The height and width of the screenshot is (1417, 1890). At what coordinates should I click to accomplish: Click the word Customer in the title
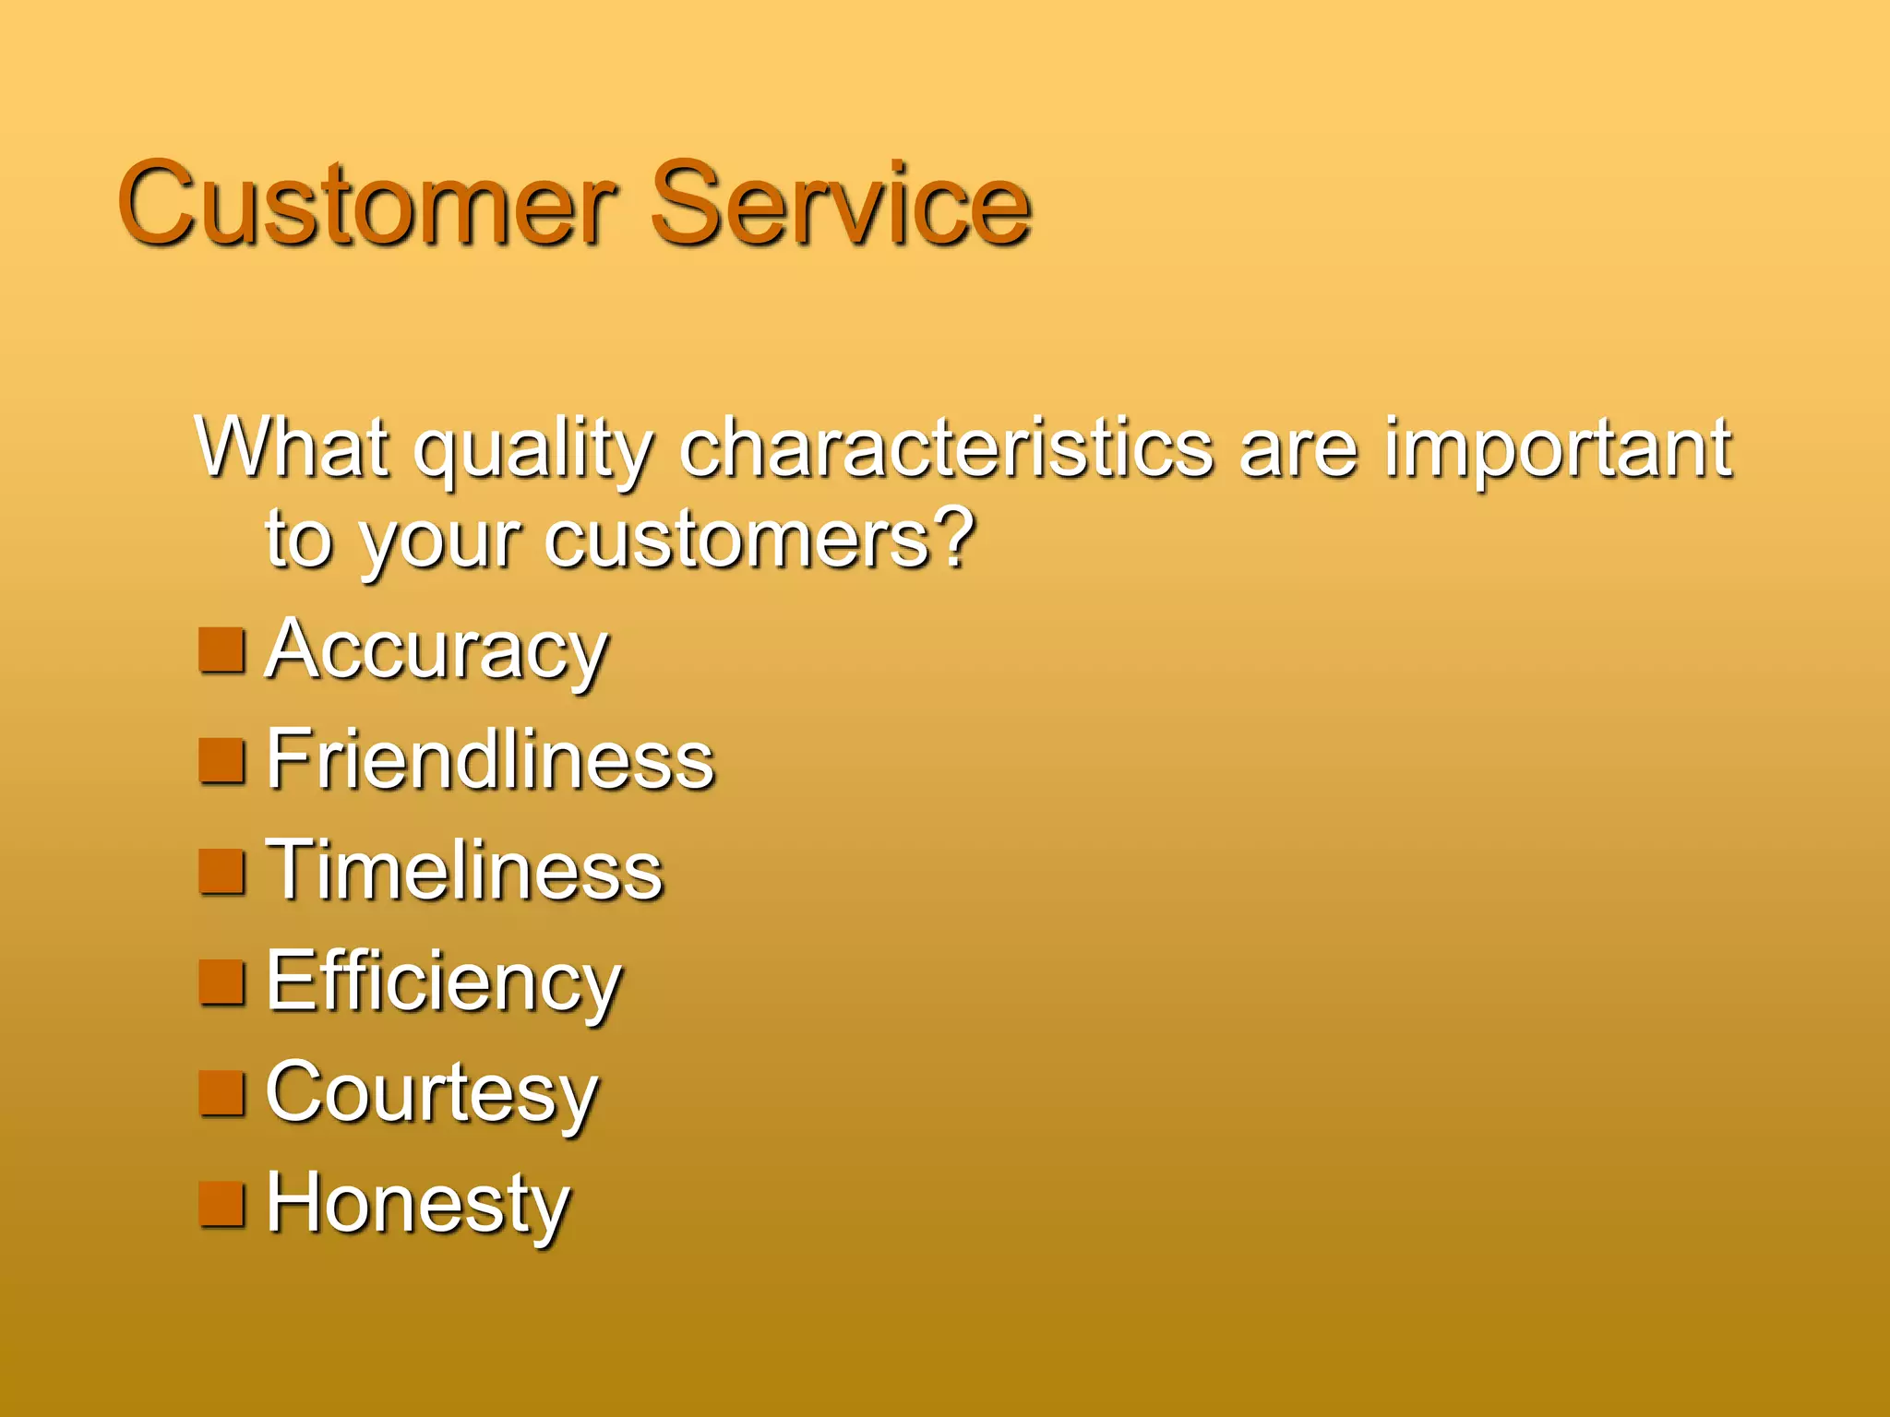[366, 205]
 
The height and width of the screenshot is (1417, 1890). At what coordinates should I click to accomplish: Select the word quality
[533, 452]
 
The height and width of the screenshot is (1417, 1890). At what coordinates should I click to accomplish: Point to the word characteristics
[946, 448]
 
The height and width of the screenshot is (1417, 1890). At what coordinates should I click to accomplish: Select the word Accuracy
[437, 651]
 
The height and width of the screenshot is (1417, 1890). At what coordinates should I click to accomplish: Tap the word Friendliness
[490, 760]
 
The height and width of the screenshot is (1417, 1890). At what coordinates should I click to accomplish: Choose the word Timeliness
[464, 871]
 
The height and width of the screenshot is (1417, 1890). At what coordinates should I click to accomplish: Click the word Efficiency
[444, 983]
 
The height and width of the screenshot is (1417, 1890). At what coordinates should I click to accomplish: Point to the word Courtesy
[432, 1094]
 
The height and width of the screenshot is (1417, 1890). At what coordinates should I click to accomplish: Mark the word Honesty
[418, 1205]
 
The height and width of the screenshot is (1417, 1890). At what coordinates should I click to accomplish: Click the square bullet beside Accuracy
[222, 651]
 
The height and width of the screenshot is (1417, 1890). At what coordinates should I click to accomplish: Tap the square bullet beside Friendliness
[222, 762]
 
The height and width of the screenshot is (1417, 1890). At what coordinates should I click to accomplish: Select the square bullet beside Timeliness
[222, 873]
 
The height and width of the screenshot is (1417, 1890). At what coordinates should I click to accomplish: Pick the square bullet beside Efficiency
[222, 983]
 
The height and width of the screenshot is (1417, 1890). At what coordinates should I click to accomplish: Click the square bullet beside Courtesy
[222, 1094]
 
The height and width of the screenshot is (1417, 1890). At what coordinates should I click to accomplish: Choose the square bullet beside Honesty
[222, 1205]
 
